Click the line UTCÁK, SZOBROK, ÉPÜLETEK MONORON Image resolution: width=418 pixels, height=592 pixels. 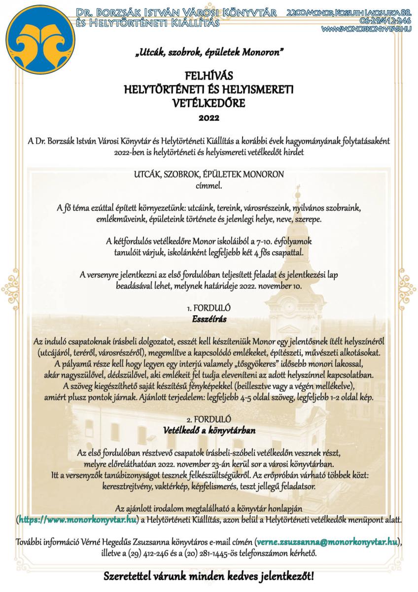pyautogui.click(x=209, y=176)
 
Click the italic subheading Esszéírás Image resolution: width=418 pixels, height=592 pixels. pyautogui.click(x=209, y=319)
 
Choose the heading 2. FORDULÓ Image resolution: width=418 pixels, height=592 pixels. pyautogui.click(x=209, y=419)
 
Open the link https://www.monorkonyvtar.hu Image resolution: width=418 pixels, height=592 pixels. pyautogui.click(x=78, y=519)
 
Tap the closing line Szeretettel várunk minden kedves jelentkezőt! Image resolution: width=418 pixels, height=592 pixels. pyautogui.click(x=209, y=576)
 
